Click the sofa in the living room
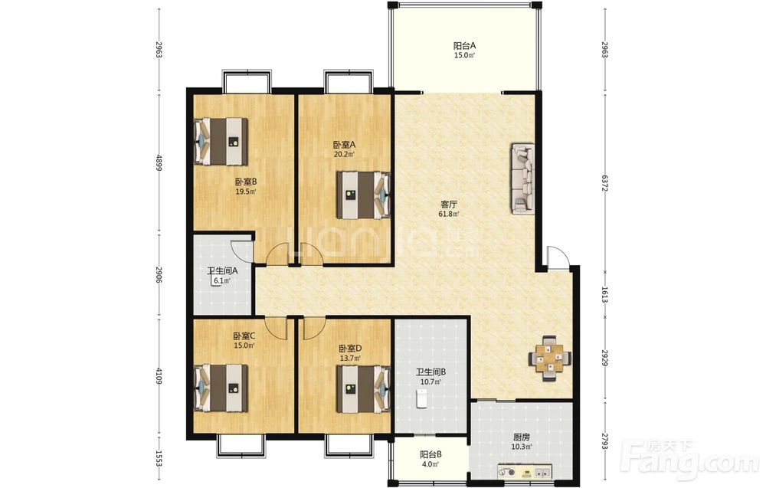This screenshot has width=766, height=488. pyautogui.click(x=522, y=178)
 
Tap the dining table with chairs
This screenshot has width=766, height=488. pyautogui.click(x=550, y=359)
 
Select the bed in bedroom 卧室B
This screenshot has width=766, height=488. pyautogui.click(x=221, y=141)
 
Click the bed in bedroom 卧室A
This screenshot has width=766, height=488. pyautogui.click(x=363, y=195)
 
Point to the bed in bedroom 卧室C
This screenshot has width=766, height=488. pyautogui.click(x=221, y=388)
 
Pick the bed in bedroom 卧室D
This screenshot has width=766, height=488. pyautogui.click(x=363, y=389)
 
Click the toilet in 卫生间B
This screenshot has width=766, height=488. pyautogui.click(x=421, y=398)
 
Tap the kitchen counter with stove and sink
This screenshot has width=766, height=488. pyautogui.click(x=524, y=472)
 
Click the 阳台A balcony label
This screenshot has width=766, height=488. pyautogui.click(x=465, y=46)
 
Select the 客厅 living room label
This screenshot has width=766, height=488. pyautogui.click(x=450, y=205)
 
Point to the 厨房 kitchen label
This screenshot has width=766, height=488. pyautogui.click(x=522, y=437)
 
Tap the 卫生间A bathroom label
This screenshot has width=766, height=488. pyautogui.click(x=222, y=271)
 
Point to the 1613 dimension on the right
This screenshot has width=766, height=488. pyautogui.click(x=604, y=294)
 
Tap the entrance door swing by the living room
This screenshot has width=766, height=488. pyautogui.click(x=558, y=257)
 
